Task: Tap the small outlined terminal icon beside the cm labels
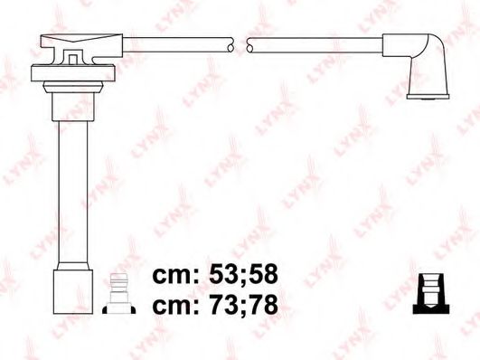click(x=118, y=290)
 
